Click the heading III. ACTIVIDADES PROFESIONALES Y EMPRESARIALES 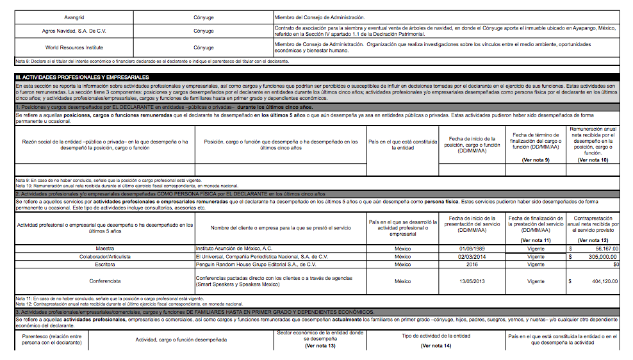pyautogui.click(x=82, y=77)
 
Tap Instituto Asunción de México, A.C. pyautogui.click(x=234, y=247)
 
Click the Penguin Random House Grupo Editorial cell pyautogui.click(x=256, y=264)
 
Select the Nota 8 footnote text pyautogui.click(x=152, y=61)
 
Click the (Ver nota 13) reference pyautogui.click(x=320, y=346)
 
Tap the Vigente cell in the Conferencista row pyautogui.click(x=536, y=281)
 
